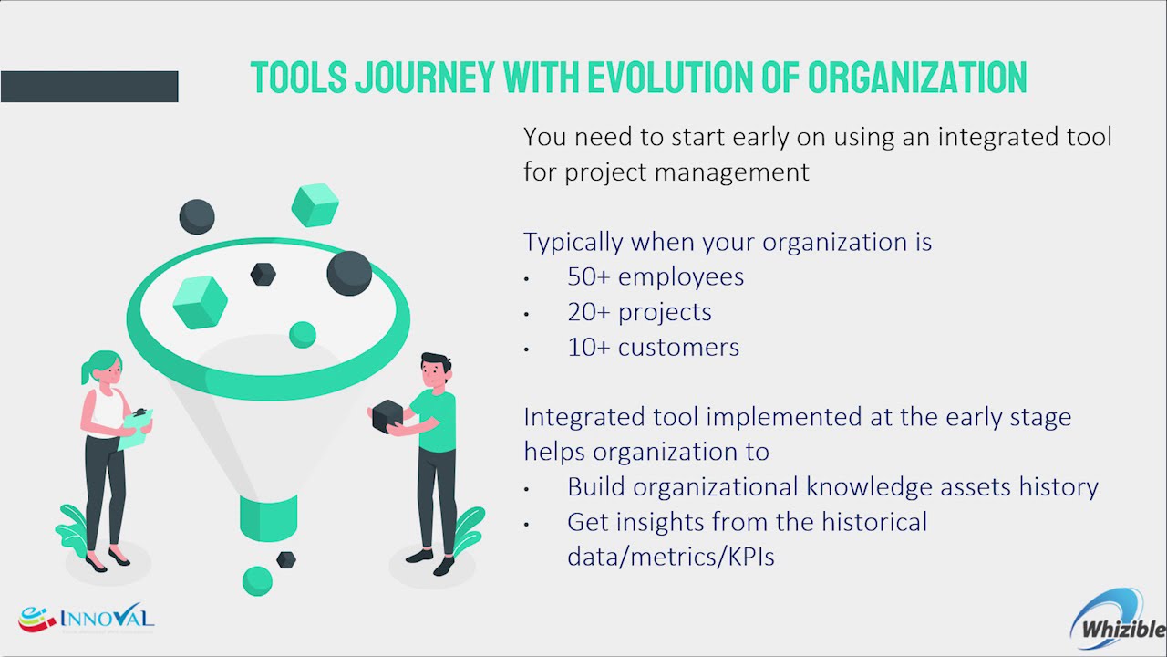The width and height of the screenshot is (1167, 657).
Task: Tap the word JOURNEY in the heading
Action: point(425,78)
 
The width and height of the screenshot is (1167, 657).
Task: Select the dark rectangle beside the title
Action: point(89,87)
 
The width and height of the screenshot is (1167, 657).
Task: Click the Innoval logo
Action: point(87,619)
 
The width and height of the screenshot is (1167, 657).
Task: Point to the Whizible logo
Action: point(1118,620)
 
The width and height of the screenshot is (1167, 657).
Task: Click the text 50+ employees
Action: point(656,276)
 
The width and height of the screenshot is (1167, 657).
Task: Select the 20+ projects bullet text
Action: point(639,312)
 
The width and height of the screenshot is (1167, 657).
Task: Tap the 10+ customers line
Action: point(653,348)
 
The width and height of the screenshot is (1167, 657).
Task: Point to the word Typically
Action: point(573,243)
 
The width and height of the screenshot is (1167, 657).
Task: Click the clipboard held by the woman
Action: point(136,429)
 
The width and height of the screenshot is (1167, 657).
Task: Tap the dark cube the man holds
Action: point(388,416)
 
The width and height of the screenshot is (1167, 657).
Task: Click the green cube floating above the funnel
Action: point(315,205)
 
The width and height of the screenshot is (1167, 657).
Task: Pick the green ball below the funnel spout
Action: point(257,581)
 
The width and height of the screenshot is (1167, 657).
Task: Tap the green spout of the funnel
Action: point(268,517)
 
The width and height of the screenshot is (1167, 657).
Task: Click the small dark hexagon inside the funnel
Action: point(263,275)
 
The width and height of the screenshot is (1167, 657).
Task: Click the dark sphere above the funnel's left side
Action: point(197,216)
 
